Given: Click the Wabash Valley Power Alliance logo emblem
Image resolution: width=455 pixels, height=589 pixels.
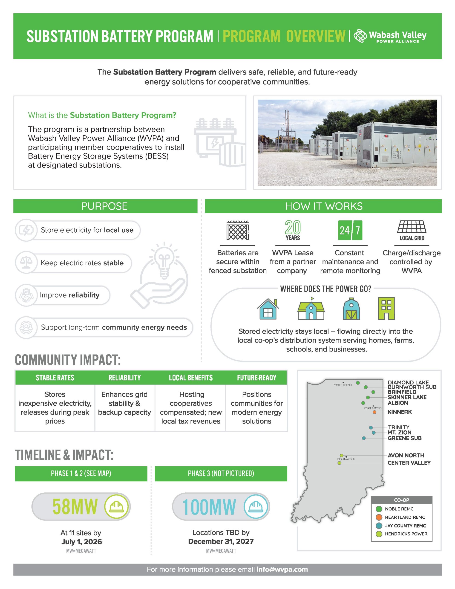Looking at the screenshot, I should pyautogui.click(x=360, y=36).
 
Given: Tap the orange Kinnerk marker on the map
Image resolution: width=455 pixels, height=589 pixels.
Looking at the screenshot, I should pyautogui.click(x=374, y=412).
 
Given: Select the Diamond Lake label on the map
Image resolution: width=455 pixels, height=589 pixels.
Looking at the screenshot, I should pyautogui.click(x=408, y=382).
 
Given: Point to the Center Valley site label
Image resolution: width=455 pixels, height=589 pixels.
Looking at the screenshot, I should pyautogui.click(x=409, y=463).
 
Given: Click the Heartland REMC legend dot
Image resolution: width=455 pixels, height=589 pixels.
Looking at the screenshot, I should pyautogui.click(x=379, y=517).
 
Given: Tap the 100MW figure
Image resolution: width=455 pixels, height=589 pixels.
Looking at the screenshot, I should pyautogui.click(x=209, y=507).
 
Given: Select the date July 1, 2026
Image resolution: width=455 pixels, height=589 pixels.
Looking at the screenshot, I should pyautogui.click(x=82, y=542).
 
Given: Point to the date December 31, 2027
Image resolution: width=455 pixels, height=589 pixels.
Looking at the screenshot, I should pyautogui.click(x=221, y=542).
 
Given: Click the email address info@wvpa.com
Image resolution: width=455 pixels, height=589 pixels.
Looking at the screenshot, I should pyautogui.click(x=282, y=569).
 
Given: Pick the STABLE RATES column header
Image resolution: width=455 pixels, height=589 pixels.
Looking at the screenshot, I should pyautogui.click(x=55, y=378).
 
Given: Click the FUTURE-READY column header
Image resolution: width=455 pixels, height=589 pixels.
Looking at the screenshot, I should pyautogui.click(x=256, y=378).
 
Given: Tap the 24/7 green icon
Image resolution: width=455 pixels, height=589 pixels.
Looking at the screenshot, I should pyautogui.click(x=350, y=230).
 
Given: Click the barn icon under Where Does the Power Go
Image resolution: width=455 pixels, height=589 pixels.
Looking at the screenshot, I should pyautogui.click(x=351, y=309).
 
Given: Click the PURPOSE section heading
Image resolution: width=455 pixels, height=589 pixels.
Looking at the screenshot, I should pyautogui.click(x=104, y=206).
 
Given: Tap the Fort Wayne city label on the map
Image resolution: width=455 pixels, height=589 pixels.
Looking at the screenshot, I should pyautogui.click(x=373, y=408).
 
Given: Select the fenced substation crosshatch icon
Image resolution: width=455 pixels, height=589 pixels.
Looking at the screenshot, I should pyautogui.click(x=238, y=230).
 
